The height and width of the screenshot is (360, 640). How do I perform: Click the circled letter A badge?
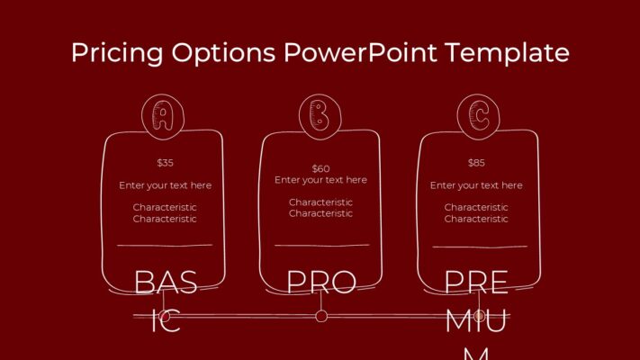164,115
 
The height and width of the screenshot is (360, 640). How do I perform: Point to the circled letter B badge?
320,115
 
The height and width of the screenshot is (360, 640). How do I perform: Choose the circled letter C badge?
477,115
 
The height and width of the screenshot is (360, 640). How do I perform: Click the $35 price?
165,163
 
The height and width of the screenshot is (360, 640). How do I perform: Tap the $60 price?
321,168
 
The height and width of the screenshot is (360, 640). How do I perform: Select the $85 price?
476,163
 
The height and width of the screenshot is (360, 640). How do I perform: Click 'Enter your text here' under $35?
165,185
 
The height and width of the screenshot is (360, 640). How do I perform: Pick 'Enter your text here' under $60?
321,180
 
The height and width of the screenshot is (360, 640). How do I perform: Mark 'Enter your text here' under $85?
476,185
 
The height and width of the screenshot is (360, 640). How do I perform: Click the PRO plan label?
321,283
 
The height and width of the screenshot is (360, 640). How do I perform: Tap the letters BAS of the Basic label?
166,283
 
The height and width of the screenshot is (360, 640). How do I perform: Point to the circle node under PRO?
321,316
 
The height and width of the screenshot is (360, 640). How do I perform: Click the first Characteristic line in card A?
165,207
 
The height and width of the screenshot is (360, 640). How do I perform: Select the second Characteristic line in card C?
476,219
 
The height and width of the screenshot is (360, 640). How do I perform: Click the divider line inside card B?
321,245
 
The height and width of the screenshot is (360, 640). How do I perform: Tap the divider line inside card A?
165,245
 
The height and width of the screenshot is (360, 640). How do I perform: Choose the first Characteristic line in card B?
321,202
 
